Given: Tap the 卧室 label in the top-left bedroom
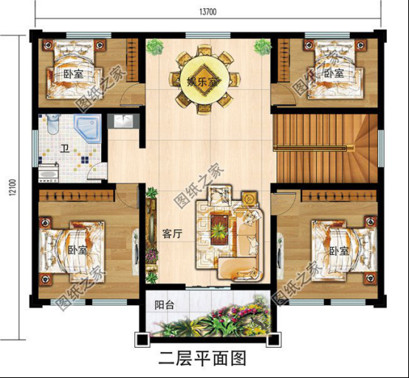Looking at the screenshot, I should pos(72,74).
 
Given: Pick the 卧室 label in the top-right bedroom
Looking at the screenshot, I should pos(333,74).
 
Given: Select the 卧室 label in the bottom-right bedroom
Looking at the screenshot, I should pos(339,251).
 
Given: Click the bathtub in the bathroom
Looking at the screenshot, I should pos(48,174).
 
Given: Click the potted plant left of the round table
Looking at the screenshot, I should pos(154,47).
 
